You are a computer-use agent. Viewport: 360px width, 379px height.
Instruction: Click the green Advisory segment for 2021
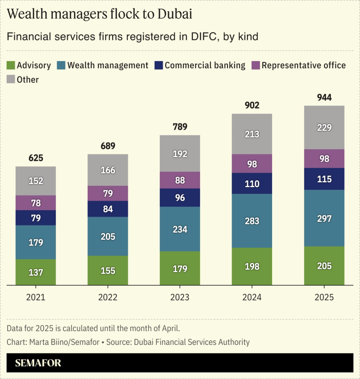pyautogui.click(x=36, y=272)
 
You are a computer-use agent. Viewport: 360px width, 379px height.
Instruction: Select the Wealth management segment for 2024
pyautogui.click(x=252, y=221)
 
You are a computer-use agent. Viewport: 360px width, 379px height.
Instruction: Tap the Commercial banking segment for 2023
pyautogui.click(x=180, y=198)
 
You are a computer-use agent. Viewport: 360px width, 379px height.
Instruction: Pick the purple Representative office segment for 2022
pyautogui.click(x=108, y=194)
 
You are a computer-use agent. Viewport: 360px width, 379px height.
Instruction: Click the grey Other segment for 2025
pyautogui.click(x=324, y=127)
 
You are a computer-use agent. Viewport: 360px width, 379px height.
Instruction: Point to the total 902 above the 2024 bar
pyautogui.click(x=252, y=105)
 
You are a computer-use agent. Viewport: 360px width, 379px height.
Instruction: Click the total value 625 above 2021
pyautogui.click(x=36, y=158)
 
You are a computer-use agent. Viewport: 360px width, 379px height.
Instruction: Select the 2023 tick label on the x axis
pyautogui.click(x=180, y=298)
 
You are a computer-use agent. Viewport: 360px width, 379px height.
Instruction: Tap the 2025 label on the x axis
pyautogui.click(x=324, y=298)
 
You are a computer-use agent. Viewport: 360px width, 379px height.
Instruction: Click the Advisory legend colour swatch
pyautogui.click(x=11, y=66)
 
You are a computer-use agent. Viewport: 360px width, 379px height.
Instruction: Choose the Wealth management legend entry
pyautogui.click(x=107, y=66)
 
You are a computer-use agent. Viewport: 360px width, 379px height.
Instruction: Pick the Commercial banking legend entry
pyautogui.click(x=205, y=66)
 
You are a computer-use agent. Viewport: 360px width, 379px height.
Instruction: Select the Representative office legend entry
pyautogui.click(x=304, y=66)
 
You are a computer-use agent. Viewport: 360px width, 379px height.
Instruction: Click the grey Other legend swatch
pyautogui.click(x=11, y=80)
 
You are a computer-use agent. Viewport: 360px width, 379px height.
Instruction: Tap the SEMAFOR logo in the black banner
pyautogui.click(x=38, y=363)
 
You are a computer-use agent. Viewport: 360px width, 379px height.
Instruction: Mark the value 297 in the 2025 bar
pyautogui.click(x=324, y=219)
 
